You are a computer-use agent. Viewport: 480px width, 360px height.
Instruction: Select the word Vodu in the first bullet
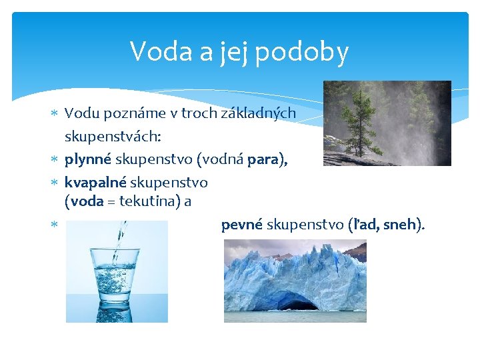click(80, 113)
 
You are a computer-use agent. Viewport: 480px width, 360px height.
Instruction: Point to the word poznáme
click(130, 114)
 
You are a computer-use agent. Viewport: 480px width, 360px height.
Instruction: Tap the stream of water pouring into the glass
click(120, 240)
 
